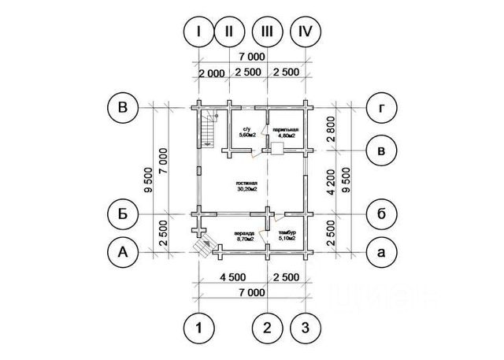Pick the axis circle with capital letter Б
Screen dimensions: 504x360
123,213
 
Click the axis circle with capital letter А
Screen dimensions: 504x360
123,252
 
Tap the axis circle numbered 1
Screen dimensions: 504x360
200,327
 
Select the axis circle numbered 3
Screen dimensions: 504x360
306,327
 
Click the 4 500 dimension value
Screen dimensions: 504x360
234,276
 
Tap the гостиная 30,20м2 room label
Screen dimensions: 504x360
246,186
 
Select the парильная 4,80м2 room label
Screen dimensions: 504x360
286,132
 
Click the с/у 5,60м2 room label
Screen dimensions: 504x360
246,132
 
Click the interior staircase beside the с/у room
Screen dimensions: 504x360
209,129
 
